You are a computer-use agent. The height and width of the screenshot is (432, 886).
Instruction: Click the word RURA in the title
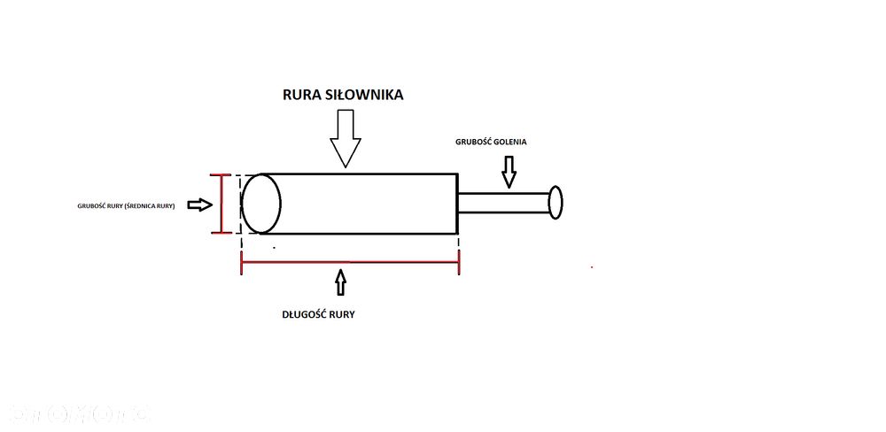(304, 94)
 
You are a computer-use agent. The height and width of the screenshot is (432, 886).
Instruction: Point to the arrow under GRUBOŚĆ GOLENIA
(508, 172)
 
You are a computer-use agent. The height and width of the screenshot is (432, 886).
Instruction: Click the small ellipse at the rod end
(556, 202)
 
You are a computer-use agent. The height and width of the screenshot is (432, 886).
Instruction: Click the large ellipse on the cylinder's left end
(261, 204)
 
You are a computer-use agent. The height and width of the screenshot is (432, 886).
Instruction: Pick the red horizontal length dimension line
(350, 263)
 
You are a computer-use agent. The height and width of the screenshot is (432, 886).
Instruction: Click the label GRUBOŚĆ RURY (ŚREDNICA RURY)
(126, 205)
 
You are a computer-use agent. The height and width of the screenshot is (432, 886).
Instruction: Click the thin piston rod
(502, 203)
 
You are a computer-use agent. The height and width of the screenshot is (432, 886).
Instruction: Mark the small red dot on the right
(592, 266)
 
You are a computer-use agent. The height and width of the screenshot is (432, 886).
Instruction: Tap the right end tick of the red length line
(458, 263)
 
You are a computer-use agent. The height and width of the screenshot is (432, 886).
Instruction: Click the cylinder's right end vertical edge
(457, 204)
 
